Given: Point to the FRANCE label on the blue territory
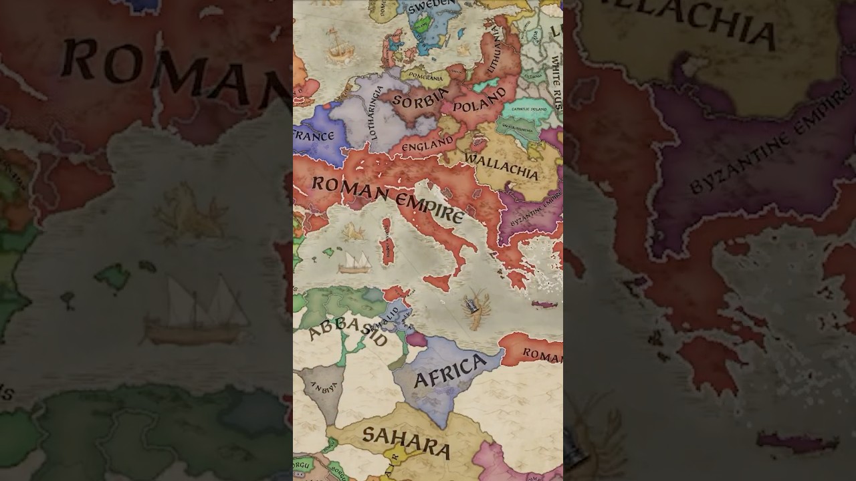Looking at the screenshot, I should [x=313, y=136].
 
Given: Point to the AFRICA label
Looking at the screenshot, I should [x=450, y=371].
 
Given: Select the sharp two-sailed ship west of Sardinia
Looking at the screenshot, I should [x=354, y=262].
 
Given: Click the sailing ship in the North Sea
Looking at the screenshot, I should [x=336, y=45].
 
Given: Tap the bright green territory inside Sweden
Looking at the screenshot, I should [x=421, y=26].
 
